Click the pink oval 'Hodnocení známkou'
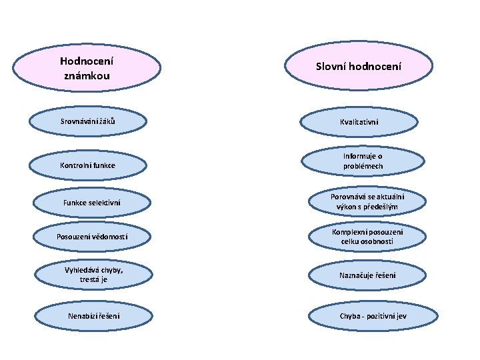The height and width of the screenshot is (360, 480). click(87, 68)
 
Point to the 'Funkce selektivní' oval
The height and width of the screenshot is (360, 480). click(93, 202)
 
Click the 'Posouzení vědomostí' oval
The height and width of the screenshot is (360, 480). click(93, 237)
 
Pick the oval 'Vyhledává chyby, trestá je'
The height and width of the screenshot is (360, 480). click(93, 274)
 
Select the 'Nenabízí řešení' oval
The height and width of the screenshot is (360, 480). click(93, 315)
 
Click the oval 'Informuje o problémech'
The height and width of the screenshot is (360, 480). click(363, 161)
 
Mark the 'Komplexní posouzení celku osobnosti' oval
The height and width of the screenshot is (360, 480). click(367, 237)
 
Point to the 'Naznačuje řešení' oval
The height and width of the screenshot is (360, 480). click(367, 275)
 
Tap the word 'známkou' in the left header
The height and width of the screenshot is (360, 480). click(87, 76)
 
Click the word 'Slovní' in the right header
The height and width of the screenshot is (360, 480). click(332, 67)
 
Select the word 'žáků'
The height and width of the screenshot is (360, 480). click(115, 121)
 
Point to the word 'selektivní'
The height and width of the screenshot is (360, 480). click(105, 202)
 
